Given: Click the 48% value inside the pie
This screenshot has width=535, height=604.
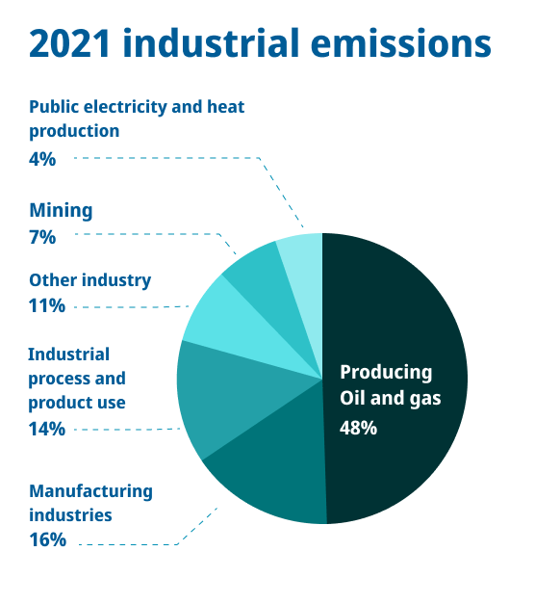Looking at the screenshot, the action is [x=358, y=428].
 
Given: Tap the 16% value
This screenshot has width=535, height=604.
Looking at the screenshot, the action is [x=47, y=539].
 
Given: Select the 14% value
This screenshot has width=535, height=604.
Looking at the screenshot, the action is [x=46, y=429].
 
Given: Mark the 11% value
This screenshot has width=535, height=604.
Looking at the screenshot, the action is [x=46, y=305].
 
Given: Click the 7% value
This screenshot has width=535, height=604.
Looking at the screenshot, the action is [x=42, y=237].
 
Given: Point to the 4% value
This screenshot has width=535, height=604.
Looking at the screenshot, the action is [x=42, y=159].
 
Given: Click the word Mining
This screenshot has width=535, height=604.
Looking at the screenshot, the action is [x=61, y=211].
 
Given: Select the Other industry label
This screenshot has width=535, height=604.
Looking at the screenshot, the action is [x=90, y=281].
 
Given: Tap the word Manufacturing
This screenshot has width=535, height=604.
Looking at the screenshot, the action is [x=90, y=491].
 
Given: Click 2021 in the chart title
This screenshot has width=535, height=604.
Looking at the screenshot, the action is [x=69, y=43].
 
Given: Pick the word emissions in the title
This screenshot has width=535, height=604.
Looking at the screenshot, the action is [x=400, y=43].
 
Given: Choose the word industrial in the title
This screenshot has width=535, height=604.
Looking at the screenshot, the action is [x=211, y=42].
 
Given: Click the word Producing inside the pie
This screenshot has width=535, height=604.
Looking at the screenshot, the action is [x=386, y=373].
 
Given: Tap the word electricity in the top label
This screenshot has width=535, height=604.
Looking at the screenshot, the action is [x=125, y=108].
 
